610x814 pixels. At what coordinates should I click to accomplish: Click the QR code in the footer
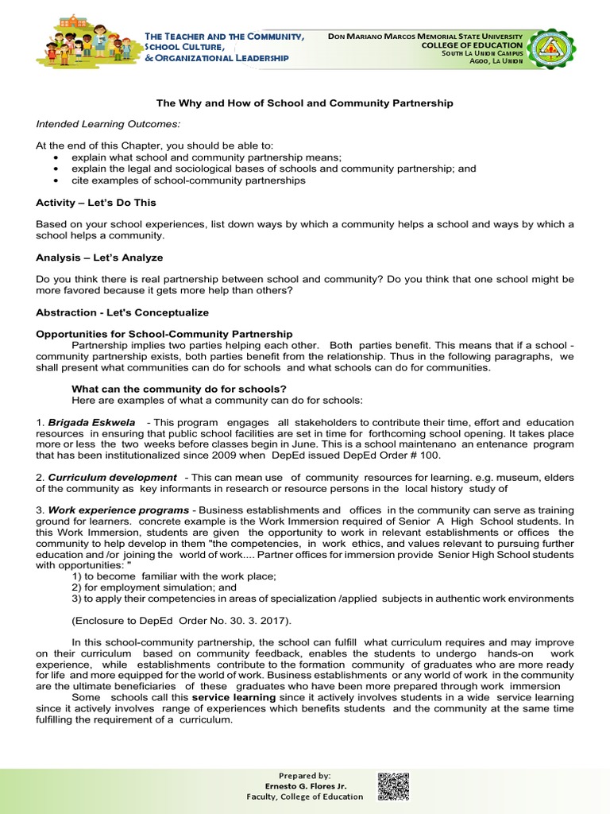point(393,786)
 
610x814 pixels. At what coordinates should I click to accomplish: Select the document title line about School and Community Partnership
point(304,103)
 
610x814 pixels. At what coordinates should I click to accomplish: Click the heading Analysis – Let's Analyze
point(98,258)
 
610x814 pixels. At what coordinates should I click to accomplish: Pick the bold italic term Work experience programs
point(118,510)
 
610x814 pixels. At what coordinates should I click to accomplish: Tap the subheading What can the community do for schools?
point(179,389)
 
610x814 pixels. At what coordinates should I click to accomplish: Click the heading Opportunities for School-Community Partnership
point(164,334)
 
